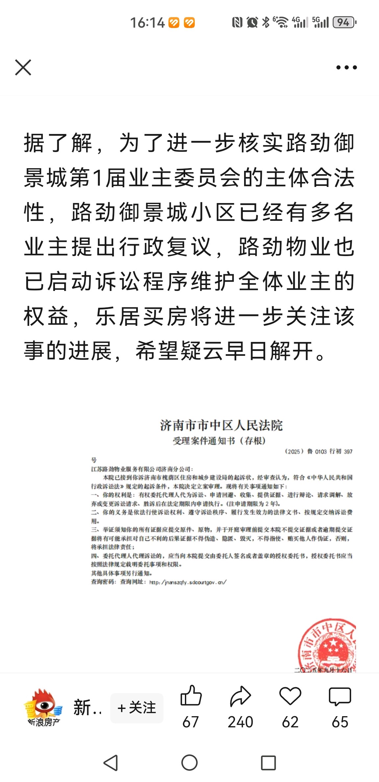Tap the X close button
click(23, 67)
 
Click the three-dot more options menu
click(346, 67)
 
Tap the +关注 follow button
click(137, 708)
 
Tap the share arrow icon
click(240, 696)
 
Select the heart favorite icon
click(290, 696)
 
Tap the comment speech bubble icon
click(340, 696)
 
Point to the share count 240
click(240, 722)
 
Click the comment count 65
click(340, 722)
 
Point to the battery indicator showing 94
click(344, 22)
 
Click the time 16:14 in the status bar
click(147, 23)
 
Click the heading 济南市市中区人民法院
click(221, 425)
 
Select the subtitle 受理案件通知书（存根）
click(219, 441)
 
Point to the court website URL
click(188, 582)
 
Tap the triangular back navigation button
click(111, 763)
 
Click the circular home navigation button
click(189, 763)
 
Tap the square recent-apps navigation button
click(268, 763)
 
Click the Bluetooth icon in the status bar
click(265, 22)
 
